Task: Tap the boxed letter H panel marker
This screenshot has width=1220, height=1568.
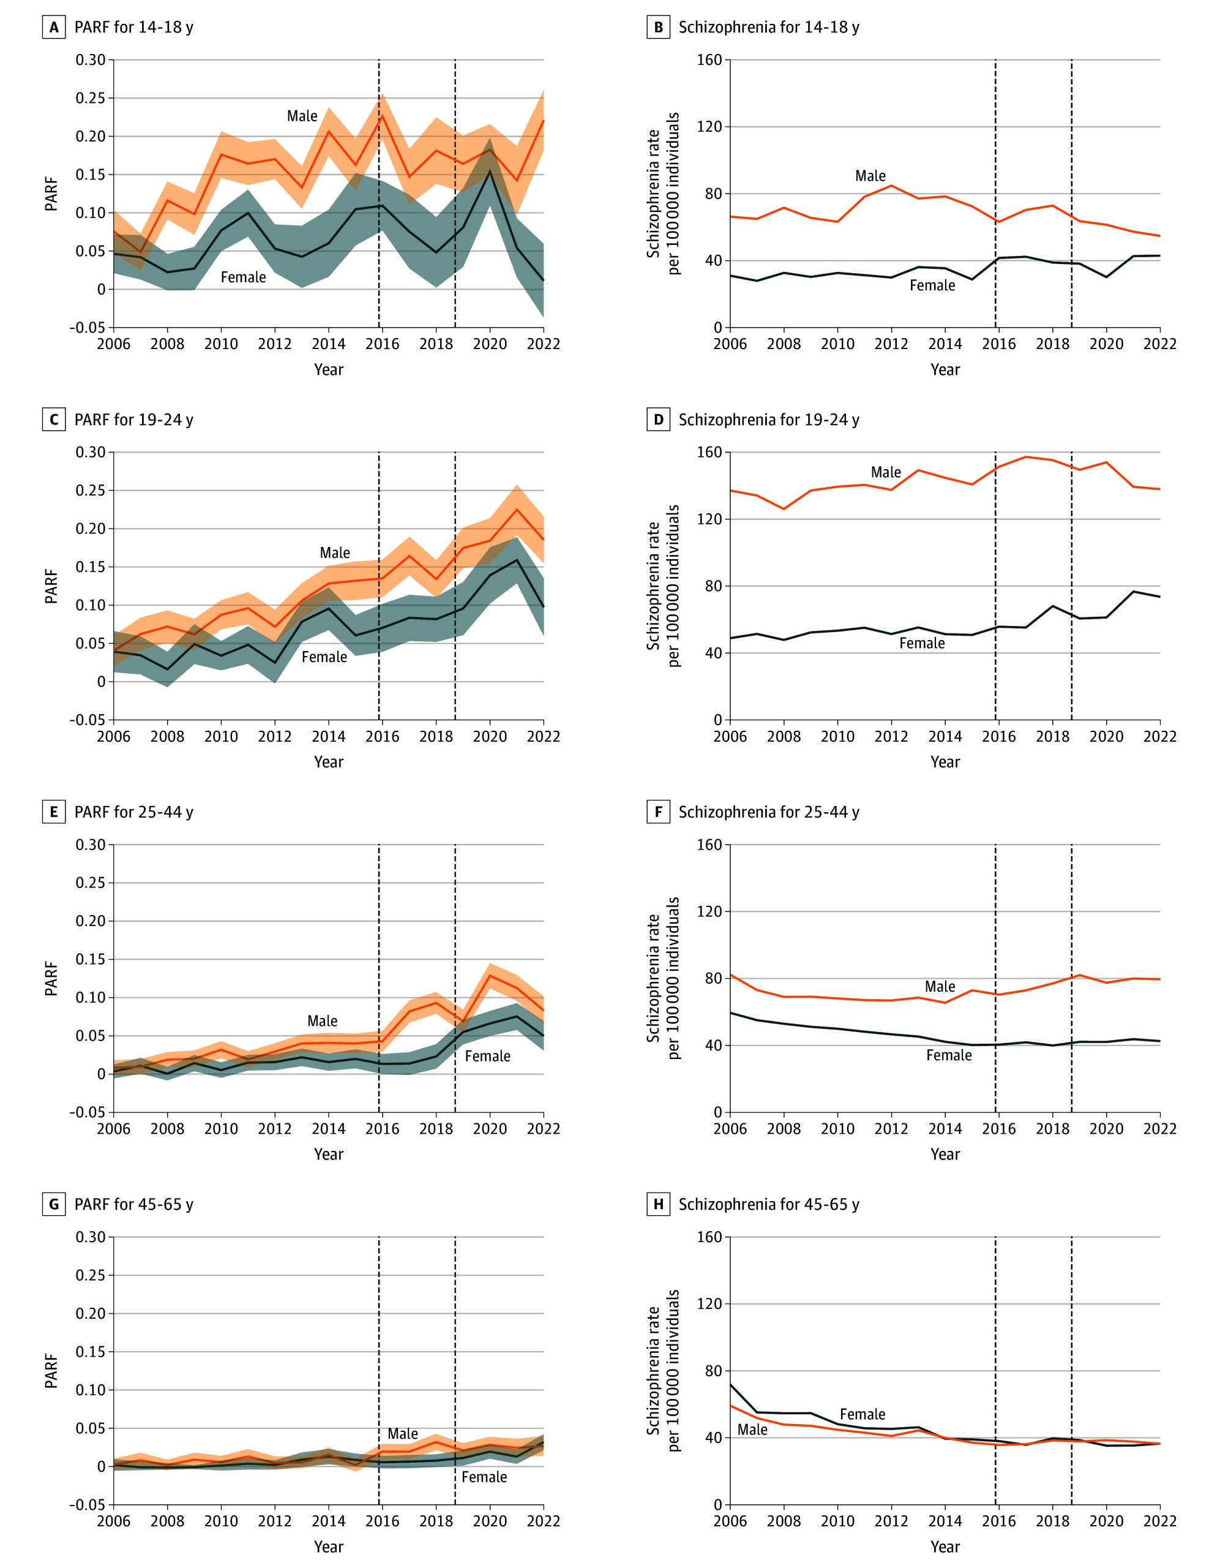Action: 658,1205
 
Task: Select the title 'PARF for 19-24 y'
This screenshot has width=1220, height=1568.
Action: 133,420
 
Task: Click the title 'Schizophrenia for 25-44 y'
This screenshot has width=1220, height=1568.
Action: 769,812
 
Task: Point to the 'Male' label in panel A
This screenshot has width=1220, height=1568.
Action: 302,116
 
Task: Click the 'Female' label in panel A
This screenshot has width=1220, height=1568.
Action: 243,277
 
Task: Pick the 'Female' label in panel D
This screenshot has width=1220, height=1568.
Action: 921,643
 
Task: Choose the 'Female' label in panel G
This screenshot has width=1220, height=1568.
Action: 484,1477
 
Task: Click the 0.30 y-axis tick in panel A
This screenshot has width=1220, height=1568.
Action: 91,59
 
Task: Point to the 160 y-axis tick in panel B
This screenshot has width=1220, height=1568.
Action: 709,59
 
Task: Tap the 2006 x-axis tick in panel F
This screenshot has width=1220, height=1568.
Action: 730,1129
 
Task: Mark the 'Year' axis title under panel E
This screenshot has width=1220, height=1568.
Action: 329,1154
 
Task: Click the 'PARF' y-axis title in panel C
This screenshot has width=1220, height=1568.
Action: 51,586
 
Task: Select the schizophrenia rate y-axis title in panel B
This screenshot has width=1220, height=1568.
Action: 663,193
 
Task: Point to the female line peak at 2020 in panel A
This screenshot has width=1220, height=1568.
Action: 490,171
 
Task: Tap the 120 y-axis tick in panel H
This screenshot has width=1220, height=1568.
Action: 709,1304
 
